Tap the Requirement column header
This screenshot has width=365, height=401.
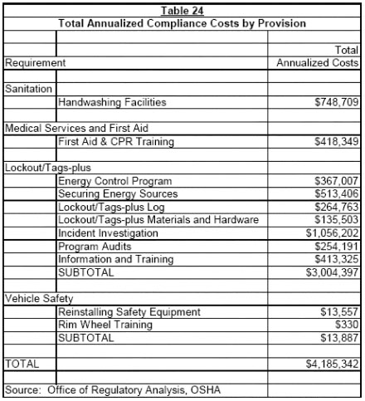(x=36, y=62)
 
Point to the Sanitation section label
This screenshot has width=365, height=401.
(x=29, y=87)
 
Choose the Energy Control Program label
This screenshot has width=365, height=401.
(x=114, y=181)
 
